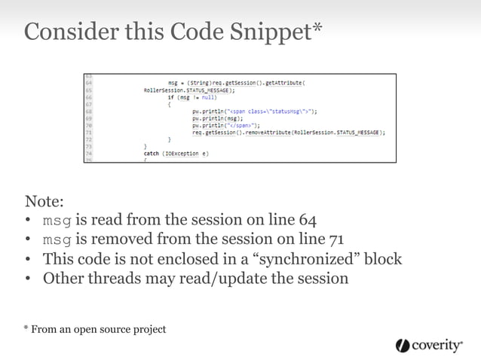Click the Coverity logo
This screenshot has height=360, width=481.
(429, 345)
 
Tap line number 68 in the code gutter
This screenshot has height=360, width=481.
(88, 111)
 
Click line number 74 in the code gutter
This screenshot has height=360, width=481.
(88, 154)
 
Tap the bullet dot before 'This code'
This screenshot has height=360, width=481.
(28, 260)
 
